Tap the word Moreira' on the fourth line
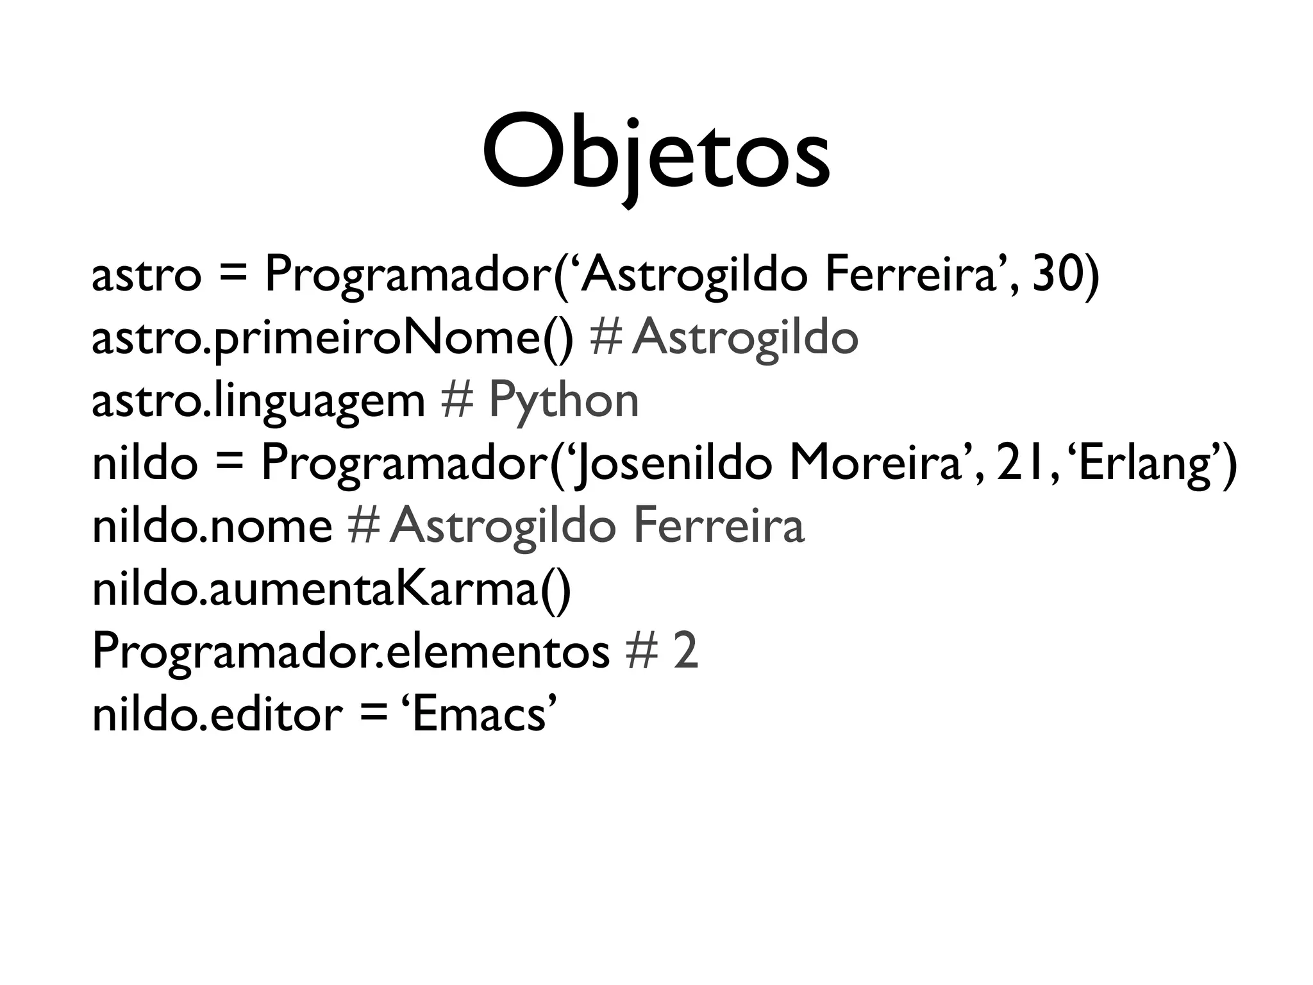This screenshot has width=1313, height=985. pos(878,463)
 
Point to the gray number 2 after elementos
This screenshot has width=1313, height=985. pos(685,652)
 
